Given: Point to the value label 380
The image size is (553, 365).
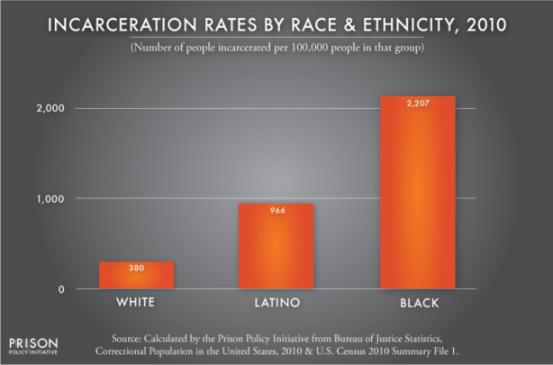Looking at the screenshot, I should coord(136,268).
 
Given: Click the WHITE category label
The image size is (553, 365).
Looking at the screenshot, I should coord(136,302).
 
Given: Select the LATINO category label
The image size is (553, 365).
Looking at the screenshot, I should coord(276,302).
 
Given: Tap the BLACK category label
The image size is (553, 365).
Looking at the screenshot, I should coord(417,302).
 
